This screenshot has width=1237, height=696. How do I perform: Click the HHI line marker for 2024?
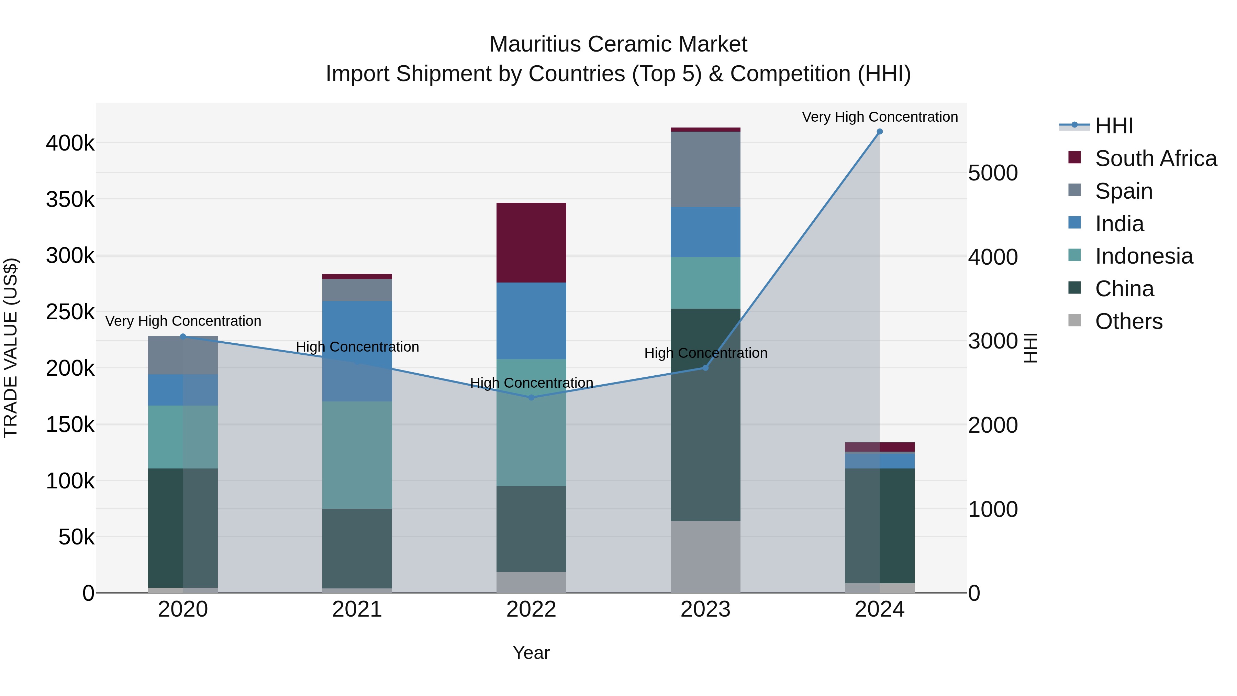879,132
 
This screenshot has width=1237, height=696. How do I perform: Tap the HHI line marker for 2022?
531,397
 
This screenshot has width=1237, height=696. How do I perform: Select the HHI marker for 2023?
705,367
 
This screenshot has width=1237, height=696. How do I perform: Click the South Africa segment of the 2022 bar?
531,243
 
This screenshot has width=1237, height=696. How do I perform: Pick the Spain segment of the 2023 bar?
705,169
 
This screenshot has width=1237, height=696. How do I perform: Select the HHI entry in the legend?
1114,126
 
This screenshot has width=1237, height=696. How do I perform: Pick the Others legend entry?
1128,321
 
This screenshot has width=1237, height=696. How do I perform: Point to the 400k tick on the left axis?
70,143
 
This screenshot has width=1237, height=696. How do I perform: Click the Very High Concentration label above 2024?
879,117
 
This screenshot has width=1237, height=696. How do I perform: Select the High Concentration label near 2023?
705,353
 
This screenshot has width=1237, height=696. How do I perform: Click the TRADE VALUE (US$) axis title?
11,348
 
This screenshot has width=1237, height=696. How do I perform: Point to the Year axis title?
531,653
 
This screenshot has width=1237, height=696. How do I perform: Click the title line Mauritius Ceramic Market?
618,44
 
